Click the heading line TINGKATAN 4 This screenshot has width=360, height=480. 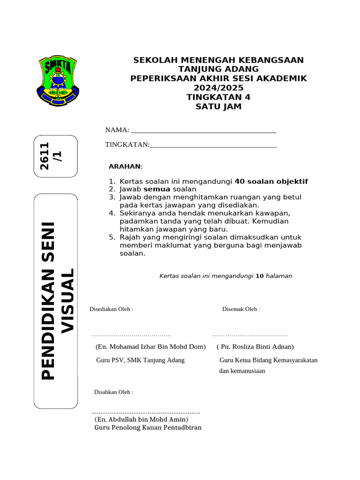[218, 97]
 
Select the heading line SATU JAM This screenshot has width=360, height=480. [218, 106]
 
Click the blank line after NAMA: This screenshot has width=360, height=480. [203, 131]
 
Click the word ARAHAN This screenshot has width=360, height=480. [125, 166]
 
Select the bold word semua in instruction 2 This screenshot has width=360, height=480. [157, 189]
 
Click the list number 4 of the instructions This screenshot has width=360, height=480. [112, 213]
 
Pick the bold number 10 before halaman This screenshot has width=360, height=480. [260, 276]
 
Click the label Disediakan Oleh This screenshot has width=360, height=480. [111, 309]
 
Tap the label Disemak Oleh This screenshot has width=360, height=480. [241, 309]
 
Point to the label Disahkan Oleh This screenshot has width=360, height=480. [114, 392]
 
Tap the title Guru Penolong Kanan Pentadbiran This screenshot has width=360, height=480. [148, 427]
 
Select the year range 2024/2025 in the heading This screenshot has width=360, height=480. [218, 88]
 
